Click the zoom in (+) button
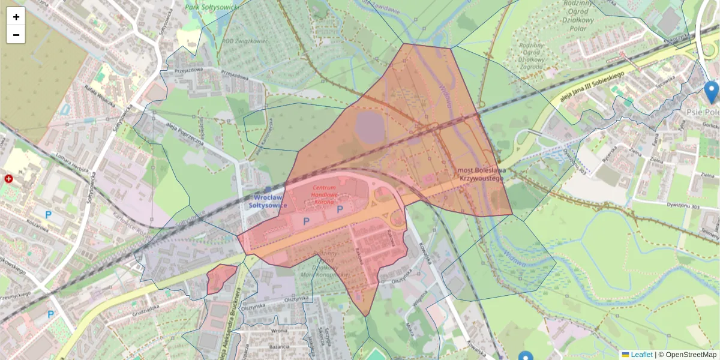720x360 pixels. coord(16,17)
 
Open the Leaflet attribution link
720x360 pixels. coord(641,355)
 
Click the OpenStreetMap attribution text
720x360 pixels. coord(691,355)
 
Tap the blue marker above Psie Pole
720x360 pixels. coord(711,92)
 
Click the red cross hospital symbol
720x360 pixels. coord(9,179)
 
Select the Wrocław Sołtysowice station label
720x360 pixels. coord(268,201)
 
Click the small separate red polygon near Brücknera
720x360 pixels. coord(221,278)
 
